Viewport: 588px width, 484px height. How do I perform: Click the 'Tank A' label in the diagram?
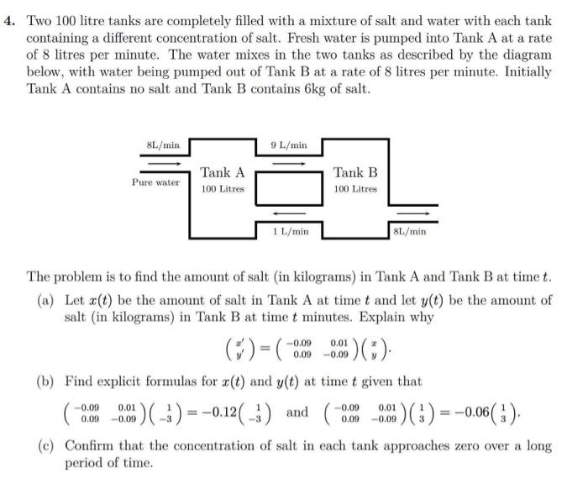[223, 172]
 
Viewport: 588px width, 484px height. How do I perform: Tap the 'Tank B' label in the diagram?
[355, 172]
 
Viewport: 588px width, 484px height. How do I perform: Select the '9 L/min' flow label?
[289, 145]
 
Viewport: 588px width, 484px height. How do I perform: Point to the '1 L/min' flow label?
[291, 230]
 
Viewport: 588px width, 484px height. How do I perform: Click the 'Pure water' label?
[155, 182]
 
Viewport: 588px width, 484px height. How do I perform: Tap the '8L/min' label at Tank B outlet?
[410, 230]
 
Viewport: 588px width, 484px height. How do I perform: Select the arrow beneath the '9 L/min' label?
[288, 163]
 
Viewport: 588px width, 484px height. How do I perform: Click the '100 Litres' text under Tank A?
[223, 189]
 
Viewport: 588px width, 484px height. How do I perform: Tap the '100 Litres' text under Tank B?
[355, 189]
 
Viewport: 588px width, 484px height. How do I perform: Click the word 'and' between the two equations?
[298, 413]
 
